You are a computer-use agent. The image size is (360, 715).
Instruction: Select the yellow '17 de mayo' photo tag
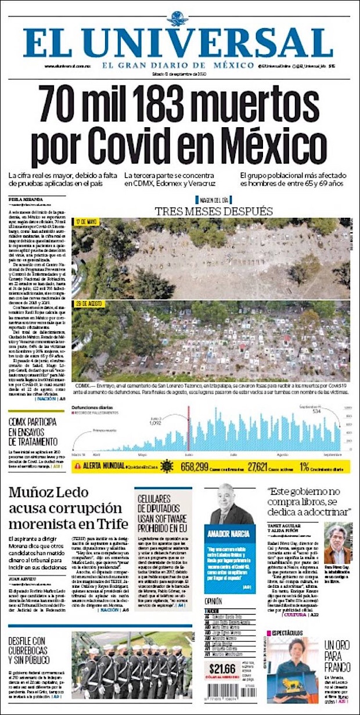(87, 222)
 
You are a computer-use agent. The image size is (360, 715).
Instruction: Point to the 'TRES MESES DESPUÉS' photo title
(214, 210)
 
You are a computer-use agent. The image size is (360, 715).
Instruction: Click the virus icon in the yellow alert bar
(167, 466)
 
